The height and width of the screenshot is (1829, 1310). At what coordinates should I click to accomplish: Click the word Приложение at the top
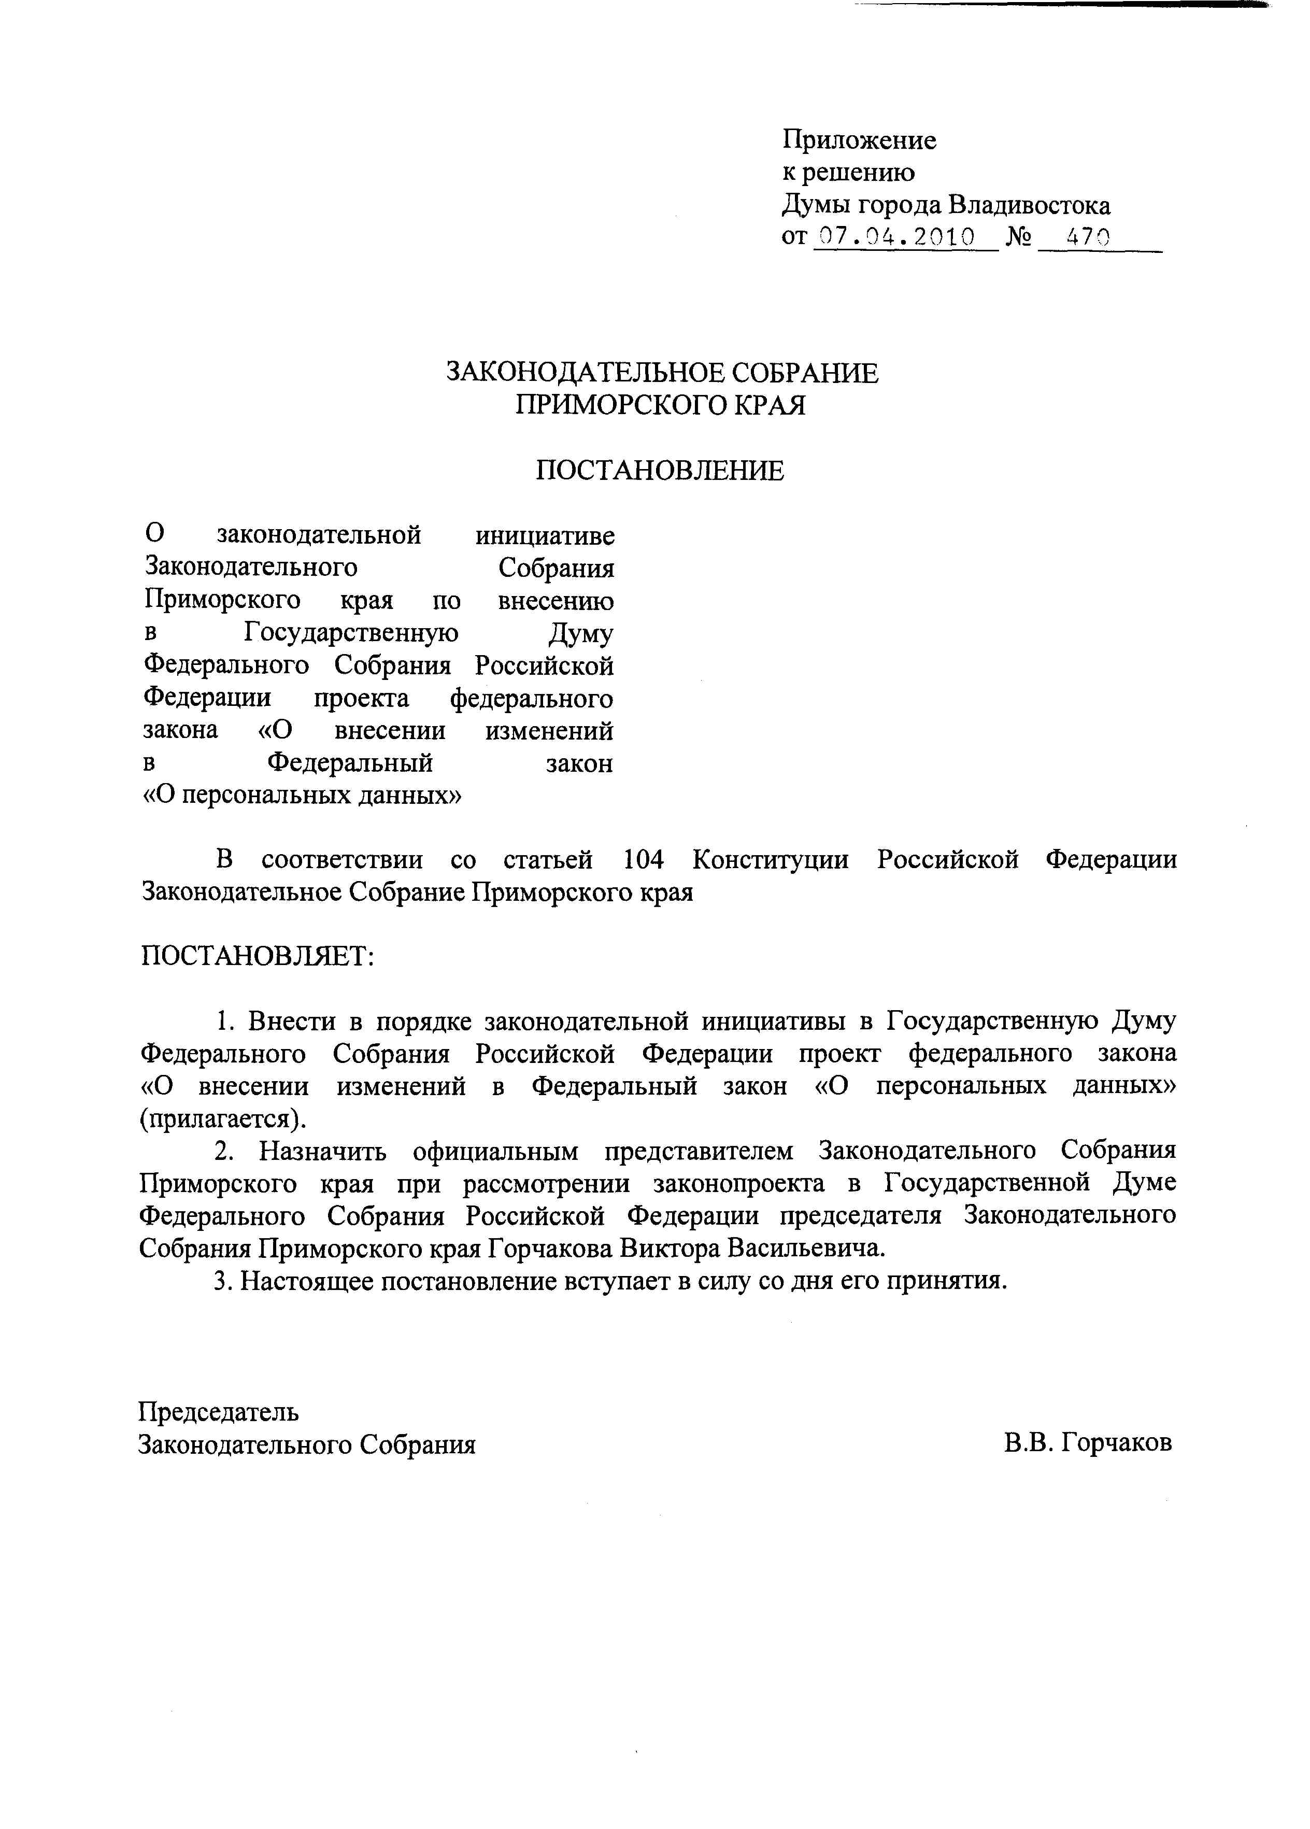[859, 140]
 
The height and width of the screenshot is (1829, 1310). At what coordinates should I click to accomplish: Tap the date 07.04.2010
[895, 237]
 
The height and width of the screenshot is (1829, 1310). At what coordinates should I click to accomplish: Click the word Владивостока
[1029, 206]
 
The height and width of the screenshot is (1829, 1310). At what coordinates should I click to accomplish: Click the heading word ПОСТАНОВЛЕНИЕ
[660, 470]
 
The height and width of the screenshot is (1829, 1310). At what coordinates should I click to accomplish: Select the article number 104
[643, 860]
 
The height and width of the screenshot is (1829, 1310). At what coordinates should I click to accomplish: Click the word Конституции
[770, 860]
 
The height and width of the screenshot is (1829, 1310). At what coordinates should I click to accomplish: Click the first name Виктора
[668, 1249]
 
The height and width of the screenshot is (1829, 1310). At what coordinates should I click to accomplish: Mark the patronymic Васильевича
[806, 1249]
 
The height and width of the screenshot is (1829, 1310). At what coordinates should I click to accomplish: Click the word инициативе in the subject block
[545, 535]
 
